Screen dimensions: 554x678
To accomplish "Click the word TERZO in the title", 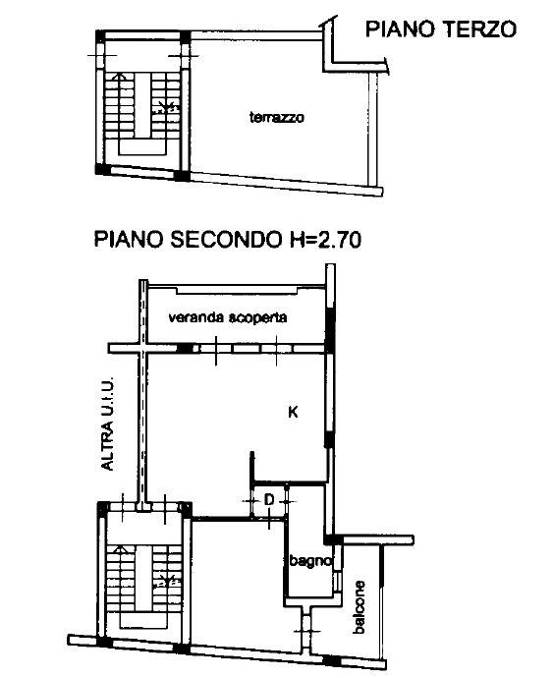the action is coord(478,28).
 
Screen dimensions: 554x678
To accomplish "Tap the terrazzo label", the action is coord(277,117).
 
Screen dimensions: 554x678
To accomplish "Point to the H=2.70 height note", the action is coord(325,239).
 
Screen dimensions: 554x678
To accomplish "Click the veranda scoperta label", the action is coord(228,317).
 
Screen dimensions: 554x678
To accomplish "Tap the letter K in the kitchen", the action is coord(293,412).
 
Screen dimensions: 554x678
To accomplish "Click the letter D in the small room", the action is coord(269,500).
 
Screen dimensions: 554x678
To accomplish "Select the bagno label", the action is coord(310,561).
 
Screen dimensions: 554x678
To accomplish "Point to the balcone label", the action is coord(359,607).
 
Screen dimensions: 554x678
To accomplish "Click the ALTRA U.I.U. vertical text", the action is coord(107,424).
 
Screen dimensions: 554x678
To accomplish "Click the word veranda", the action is coord(195,317).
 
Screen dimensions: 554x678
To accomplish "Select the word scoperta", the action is coord(257,317).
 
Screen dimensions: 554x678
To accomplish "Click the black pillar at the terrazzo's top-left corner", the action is coord(185,36).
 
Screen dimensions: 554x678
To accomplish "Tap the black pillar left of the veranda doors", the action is coord(186,348).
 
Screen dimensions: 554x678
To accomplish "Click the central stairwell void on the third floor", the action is coord(142,105).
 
